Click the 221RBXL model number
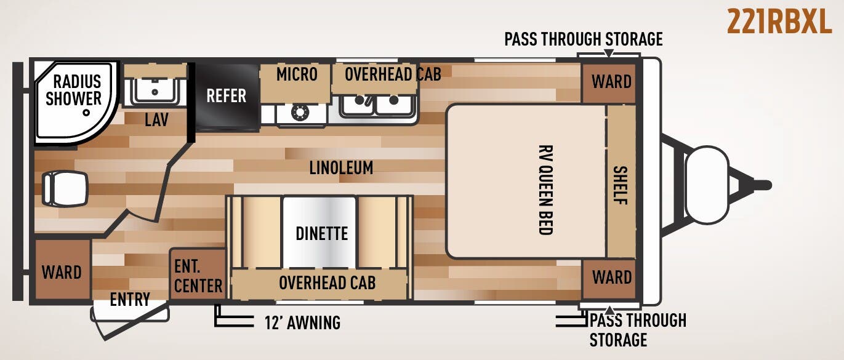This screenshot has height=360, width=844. (x=779, y=22)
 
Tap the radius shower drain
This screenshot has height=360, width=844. (x=87, y=112)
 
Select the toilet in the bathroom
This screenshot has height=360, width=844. (x=65, y=188)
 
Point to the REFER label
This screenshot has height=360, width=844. (x=226, y=96)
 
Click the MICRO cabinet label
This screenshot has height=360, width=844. (x=297, y=74)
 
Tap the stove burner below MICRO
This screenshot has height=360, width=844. (x=300, y=112)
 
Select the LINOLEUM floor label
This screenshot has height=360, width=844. (x=341, y=167)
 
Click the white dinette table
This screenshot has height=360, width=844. (x=319, y=232)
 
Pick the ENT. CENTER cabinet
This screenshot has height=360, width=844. (x=198, y=274)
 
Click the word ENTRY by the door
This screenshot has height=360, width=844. (x=130, y=300)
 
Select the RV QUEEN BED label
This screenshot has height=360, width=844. (x=545, y=190)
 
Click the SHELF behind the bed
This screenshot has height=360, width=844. (x=621, y=182)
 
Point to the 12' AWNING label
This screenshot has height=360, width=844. (x=302, y=322)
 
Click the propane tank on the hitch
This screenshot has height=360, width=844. (x=707, y=185)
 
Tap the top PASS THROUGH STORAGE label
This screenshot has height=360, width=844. (x=583, y=39)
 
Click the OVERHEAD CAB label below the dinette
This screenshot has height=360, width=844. (x=327, y=283)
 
